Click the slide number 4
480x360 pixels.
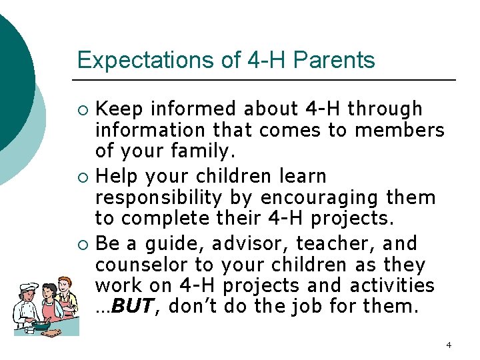coord(449,345)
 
